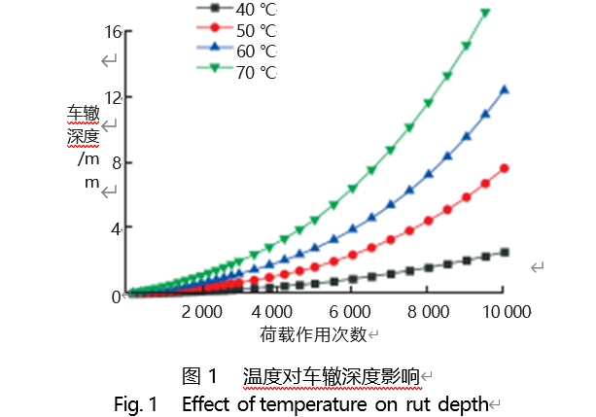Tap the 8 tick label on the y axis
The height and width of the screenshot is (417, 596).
117,163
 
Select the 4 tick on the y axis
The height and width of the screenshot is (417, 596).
117,228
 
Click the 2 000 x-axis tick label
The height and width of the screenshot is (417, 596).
201,312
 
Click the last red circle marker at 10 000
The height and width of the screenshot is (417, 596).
504,168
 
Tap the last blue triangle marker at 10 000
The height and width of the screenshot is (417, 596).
504,89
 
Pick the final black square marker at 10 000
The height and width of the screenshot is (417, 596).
504,252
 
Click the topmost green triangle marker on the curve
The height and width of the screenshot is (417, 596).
485,13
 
